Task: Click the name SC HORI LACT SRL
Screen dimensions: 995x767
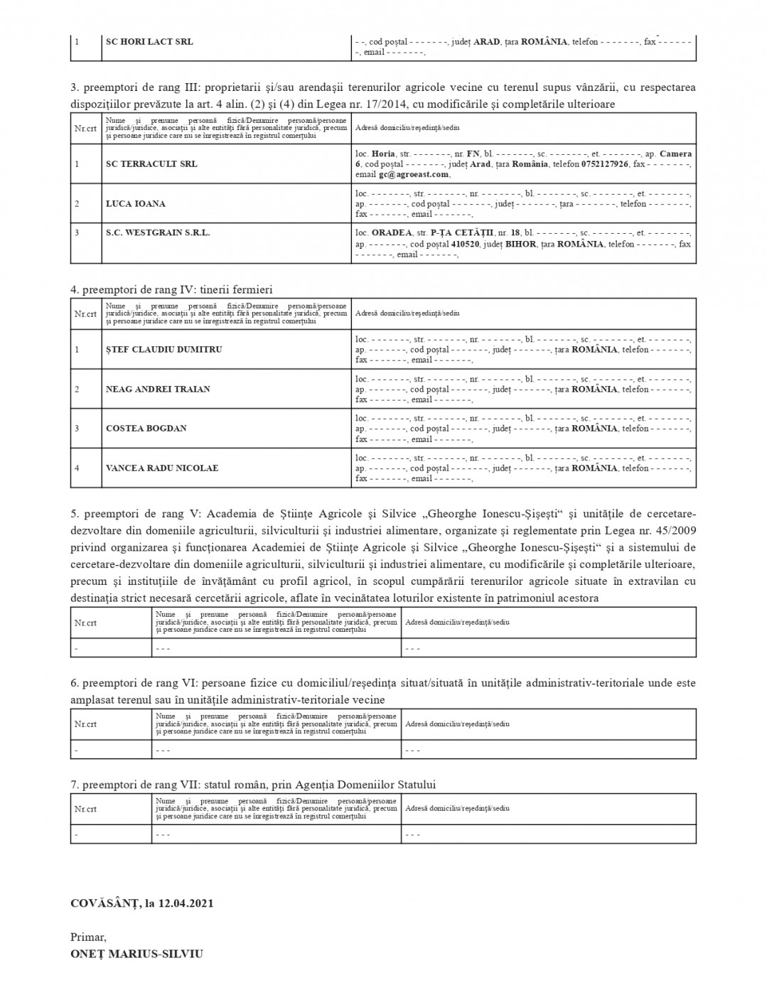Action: click(x=149, y=41)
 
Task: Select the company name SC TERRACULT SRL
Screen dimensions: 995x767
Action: click(x=151, y=164)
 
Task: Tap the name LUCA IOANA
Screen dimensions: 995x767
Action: click(x=136, y=204)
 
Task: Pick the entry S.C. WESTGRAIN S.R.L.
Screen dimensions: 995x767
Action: click(x=158, y=232)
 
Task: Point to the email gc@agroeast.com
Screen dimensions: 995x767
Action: click(x=414, y=174)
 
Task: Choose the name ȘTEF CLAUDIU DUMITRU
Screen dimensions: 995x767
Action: click(x=163, y=350)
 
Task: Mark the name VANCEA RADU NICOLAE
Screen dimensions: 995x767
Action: click(x=162, y=468)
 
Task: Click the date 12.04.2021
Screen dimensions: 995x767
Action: click(x=186, y=904)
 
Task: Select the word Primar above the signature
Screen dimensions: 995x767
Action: click(x=87, y=937)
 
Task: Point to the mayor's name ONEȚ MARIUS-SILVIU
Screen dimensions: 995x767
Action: click(x=136, y=954)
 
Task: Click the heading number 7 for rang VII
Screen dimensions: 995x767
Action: click(x=74, y=785)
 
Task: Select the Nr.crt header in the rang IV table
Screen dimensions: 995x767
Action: click(x=85, y=313)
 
